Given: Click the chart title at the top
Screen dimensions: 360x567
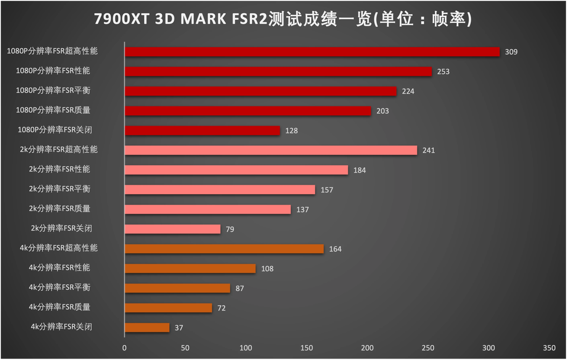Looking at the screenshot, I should click(x=283, y=19).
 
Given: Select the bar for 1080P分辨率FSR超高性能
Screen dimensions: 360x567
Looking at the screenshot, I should click(x=312, y=52).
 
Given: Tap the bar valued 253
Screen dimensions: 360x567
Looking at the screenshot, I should click(x=278, y=71).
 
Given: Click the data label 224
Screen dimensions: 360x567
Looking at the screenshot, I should click(x=408, y=91).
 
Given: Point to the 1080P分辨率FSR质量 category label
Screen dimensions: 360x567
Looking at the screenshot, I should click(x=53, y=110).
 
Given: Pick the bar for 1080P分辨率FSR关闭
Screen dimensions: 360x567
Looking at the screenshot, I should click(x=202, y=130).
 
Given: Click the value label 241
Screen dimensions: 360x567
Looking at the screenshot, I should click(x=429, y=150).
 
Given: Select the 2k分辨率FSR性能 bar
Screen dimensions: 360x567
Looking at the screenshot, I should click(x=236, y=170).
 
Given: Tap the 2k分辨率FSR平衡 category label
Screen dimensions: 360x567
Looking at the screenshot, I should click(x=59, y=189).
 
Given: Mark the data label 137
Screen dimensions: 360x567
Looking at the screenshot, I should click(x=303, y=210).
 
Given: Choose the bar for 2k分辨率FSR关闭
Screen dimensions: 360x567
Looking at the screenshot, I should click(x=172, y=229).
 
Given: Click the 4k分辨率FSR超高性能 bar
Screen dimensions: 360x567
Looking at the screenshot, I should click(x=224, y=249).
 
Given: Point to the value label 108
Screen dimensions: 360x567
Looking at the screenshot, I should click(x=267, y=269).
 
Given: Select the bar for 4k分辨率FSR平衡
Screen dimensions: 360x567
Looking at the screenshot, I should click(x=177, y=288).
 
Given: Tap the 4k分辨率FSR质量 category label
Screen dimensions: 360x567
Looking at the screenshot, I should click(x=59, y=307).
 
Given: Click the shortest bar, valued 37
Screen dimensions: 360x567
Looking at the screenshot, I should click(x=147, y=328).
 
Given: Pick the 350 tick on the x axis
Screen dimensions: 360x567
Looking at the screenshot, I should click(x=549, y=348).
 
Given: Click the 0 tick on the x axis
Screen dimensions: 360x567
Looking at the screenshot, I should click(x=125, y=348).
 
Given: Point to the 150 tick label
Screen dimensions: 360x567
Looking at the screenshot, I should click(x=306, y=348).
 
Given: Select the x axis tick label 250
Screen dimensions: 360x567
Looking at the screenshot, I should click(x=428, y=348).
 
